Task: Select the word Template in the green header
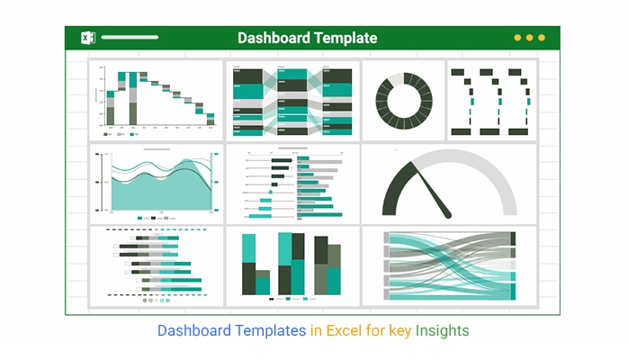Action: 345,38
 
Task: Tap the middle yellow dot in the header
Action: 529,38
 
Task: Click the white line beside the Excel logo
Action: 130,38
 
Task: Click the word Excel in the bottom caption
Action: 343,330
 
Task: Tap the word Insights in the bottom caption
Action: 443,330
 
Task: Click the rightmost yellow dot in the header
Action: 542,38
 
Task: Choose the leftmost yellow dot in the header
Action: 517,38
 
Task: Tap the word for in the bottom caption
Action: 376,330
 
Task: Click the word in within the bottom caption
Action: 316,330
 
